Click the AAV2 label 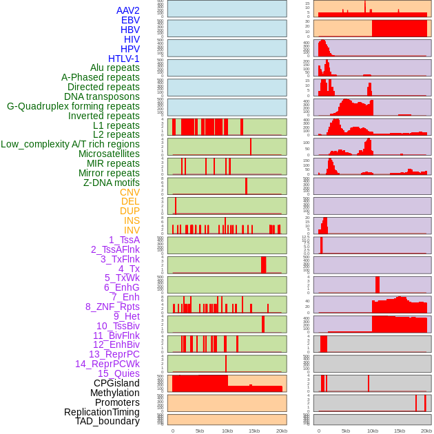tap(127, 10)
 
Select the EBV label tap(130, 20)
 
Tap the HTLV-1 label tap(123, 59)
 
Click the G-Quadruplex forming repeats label tap(73, 106)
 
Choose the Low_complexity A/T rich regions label tap(70, 144)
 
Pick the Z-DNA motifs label tap(111, 183)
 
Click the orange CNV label tap(130, 192)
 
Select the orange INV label tap(131, 230)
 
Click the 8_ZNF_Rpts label tap(112, 307)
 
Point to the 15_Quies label tap(118, 373)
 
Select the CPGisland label tap(116, 383)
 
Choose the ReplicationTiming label tap(101, 412)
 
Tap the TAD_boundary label tap(107, 421)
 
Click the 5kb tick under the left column tap(199, 431)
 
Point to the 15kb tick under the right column tap(400, 431)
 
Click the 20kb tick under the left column tap(281, 431)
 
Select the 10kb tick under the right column tap(373, 431)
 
